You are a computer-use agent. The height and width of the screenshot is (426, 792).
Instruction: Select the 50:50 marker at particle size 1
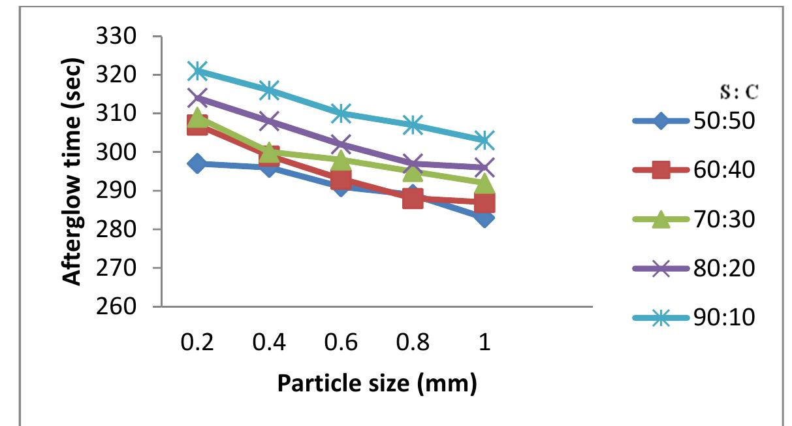coord(484,218)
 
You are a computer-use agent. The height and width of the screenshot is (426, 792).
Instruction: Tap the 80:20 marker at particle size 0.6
coord(341,144)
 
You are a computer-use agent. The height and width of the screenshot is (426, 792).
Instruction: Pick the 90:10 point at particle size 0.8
coord(413,125)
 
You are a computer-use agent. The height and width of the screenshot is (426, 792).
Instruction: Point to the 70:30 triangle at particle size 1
coord(484,184)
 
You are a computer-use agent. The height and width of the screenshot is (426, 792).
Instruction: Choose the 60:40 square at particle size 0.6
coord(341,180)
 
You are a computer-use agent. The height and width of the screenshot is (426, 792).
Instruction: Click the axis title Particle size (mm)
coord(377,384)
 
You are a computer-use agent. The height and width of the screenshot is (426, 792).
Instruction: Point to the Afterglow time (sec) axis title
coord(73,172)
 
